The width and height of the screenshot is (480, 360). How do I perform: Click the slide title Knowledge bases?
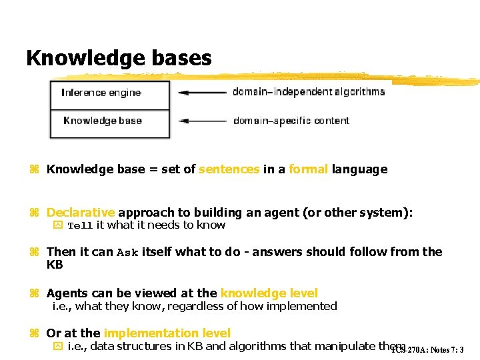point(119,58)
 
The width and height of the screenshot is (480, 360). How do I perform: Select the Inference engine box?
point(110,93)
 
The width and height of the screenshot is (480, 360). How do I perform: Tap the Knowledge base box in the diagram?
point(110,121)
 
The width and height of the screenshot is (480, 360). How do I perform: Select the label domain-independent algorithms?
point(309,92)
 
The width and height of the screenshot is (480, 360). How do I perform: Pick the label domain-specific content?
point(291,121)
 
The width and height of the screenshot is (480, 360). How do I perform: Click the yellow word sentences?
point(229,169)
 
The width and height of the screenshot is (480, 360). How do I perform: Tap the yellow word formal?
point(308,169)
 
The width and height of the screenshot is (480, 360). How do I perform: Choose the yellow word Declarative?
point(81,213)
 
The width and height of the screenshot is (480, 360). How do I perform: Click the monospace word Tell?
point(80,226)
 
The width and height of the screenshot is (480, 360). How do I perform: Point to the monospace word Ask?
point(127,253)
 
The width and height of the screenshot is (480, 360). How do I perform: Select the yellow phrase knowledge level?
point(269,293)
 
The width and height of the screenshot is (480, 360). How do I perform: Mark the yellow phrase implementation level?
point(167,333)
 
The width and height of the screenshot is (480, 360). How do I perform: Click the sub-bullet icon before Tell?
point(57,225)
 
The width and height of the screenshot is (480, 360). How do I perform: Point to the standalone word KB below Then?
point(54,264)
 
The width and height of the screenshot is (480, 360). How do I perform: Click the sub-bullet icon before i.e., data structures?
point(57,346)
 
